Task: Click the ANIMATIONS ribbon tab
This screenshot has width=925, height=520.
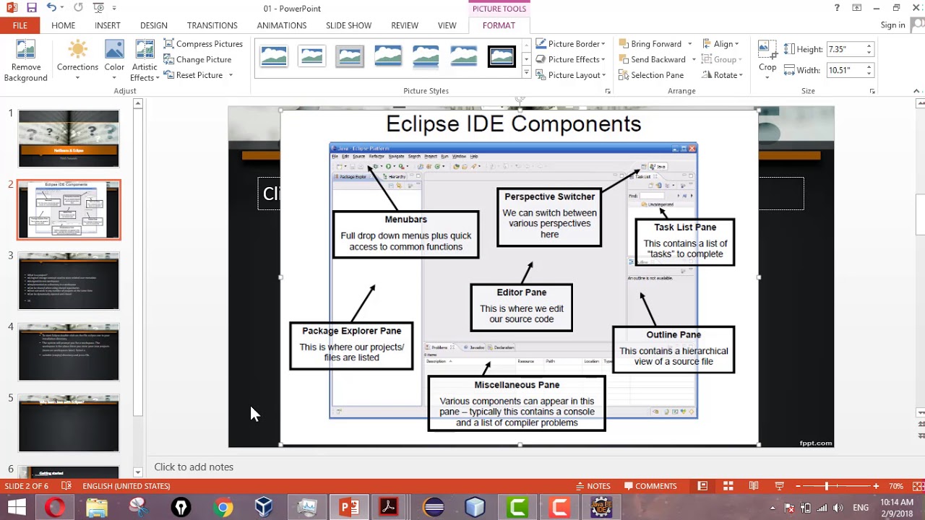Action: tap(282, 25)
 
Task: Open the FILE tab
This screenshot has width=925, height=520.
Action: tap(20, 25)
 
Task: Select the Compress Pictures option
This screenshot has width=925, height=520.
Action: tap(203, 44)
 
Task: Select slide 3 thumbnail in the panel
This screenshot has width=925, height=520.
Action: tap(69, 281)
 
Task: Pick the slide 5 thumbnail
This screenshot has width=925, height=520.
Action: tap(69, 423)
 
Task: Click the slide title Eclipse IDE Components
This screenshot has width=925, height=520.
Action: tap(513, 124)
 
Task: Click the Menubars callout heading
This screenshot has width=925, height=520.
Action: tap(405, 220)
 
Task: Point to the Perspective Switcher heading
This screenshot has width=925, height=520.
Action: tap(549, 196)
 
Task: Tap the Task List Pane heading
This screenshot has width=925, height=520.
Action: tap(684, 227)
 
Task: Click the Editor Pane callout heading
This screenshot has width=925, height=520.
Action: tap(521, 292)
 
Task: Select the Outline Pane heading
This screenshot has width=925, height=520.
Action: tap(673, 335)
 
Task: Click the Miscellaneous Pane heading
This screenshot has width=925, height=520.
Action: tap(516, 385)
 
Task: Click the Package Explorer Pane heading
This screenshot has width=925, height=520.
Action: tap(351, 331)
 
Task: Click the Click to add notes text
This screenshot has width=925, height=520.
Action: tap(194, 467)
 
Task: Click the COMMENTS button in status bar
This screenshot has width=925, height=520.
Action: tap(650, 486)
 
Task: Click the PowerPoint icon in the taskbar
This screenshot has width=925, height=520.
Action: tap(349, 508)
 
